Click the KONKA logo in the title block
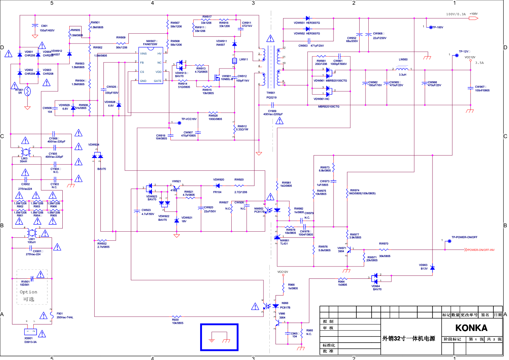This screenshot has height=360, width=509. click(471, 328)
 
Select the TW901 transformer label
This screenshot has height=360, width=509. click(271, 93)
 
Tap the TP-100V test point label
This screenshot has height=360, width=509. click(438, 28)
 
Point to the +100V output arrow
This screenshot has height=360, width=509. click(473, 18)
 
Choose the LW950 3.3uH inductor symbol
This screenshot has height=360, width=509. click(402, 69)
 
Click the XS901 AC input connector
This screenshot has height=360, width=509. click(30, 331)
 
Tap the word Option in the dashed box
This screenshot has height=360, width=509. click(28, 292)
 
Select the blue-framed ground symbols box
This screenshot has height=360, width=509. click(219, 338)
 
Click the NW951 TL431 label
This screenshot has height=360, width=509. click(284, 242)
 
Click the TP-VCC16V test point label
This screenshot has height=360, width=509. click(189, 119)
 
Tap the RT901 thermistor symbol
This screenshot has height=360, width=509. click(27, 91)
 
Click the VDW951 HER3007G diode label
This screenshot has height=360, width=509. click(307, 23)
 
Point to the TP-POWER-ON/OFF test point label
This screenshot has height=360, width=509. click(464, 237)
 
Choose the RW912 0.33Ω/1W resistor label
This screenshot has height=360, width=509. click(242, 128)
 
